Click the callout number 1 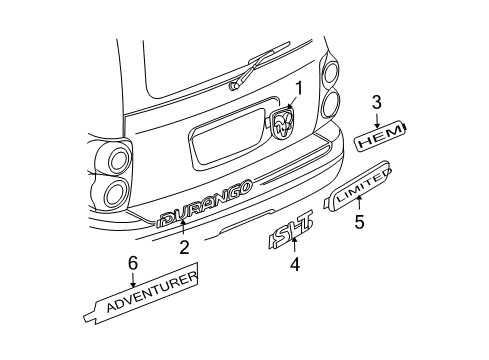[297, 89]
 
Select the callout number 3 [377, 101]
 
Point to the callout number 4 [295, 265]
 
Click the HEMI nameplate [383, 140]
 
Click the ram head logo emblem [284, 123]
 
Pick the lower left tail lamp [112, 192]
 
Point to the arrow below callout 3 [377, 118]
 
